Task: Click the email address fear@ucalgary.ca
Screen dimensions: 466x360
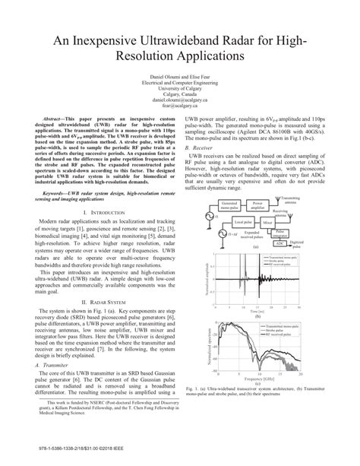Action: click(x=179, y=106)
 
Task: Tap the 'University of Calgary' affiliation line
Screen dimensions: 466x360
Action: click(x=179, y=89)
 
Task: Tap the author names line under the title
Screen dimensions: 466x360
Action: click(x=179, y=77)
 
